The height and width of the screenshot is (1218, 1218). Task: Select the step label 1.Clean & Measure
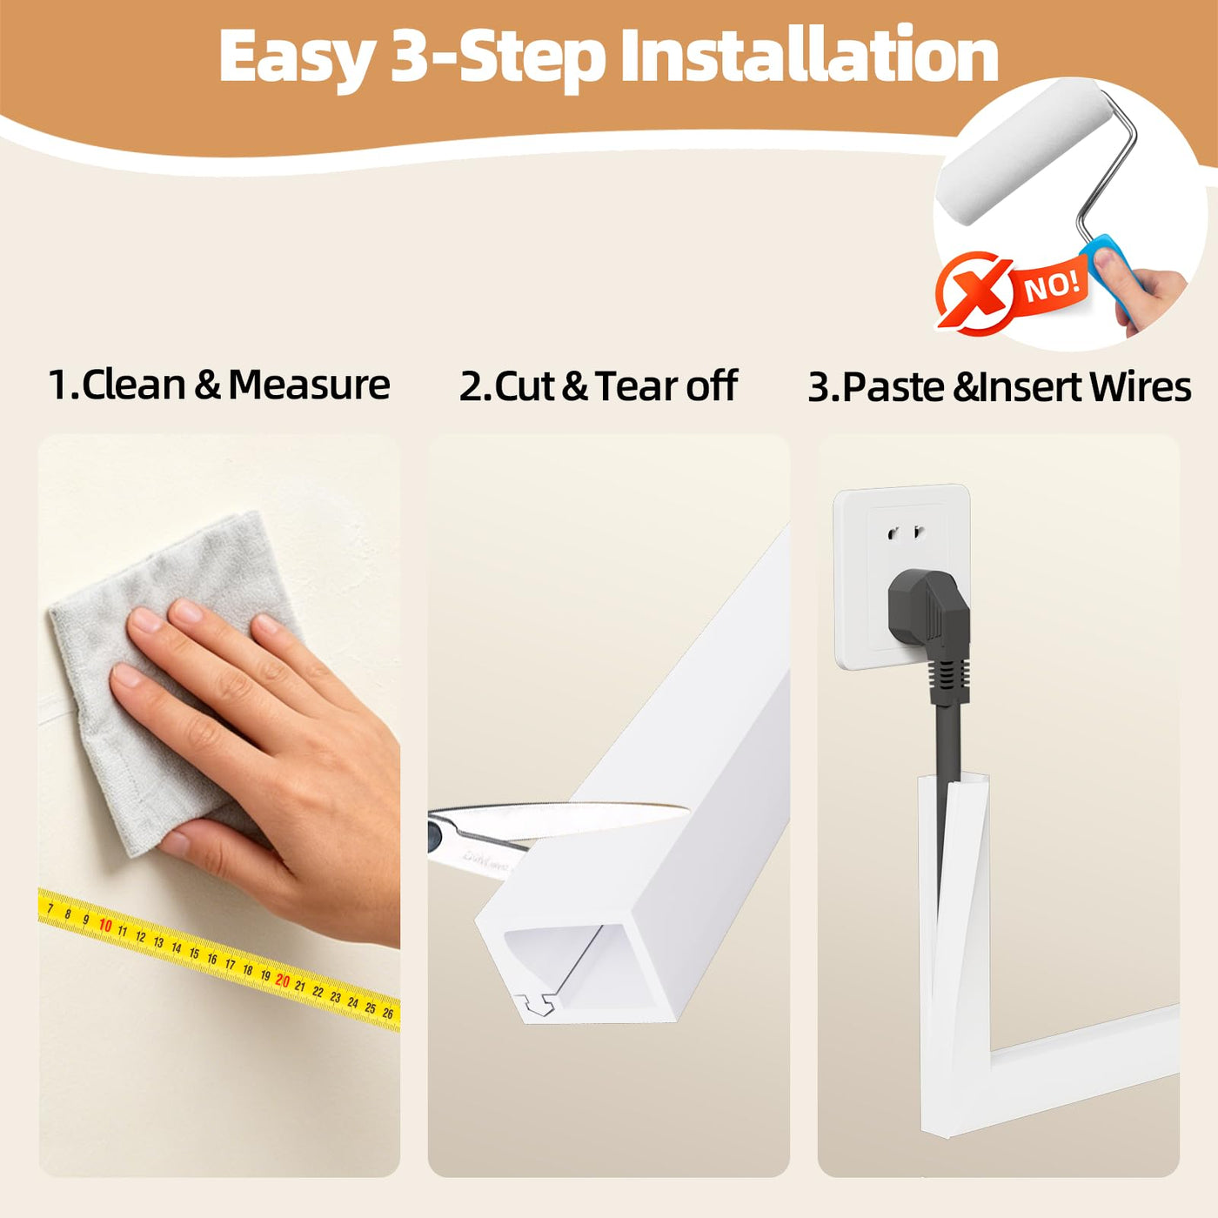pos(219,385)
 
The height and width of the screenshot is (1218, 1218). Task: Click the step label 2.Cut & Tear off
pos(598,385)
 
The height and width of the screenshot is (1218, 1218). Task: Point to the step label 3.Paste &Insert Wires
pos(1000,387)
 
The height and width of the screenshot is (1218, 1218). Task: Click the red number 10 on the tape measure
pos(105,927)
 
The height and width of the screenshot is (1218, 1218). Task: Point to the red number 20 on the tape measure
pos(283,981)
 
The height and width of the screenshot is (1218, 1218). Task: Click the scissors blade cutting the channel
pos(569,818)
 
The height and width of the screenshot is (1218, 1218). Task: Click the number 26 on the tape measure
pos(388,1014)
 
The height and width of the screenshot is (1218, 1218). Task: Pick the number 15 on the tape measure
pos(194,954)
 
